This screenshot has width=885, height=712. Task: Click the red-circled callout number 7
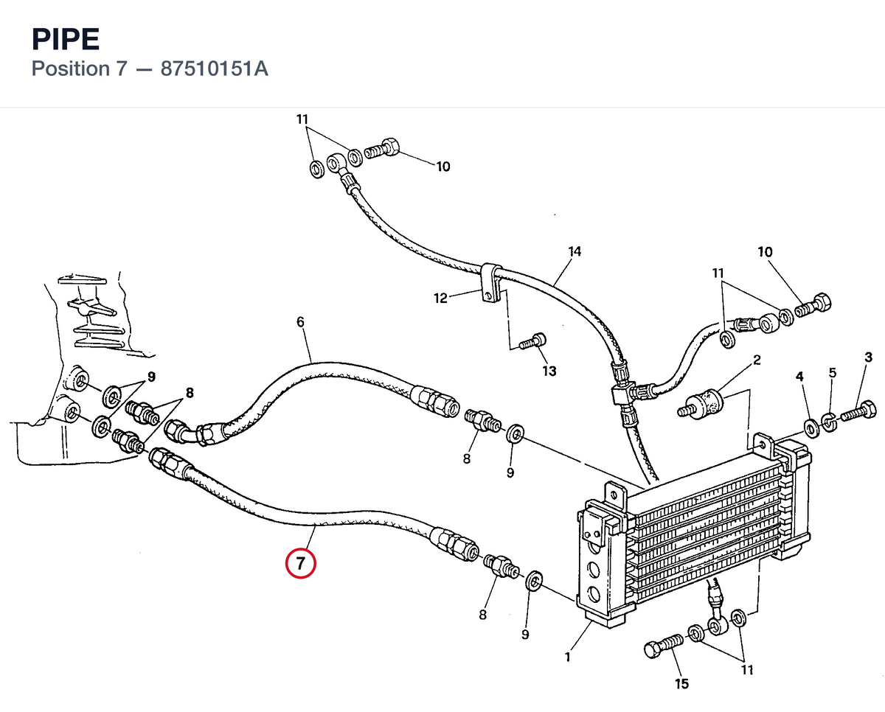click(301, 563)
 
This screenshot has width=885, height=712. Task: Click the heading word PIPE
click(66, 40)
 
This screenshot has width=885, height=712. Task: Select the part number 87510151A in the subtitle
click(215, 69)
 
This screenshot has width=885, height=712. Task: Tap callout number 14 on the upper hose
click(575, 251)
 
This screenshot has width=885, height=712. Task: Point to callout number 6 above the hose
click(301, 322)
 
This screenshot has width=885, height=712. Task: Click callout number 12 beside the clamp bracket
click(440, 298)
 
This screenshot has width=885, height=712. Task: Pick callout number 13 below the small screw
click(549, 371)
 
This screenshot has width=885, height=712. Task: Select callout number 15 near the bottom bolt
click(681, 684)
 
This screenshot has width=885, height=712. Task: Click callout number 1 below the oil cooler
click(568, 657)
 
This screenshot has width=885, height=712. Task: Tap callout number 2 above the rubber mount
click(757, 360)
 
